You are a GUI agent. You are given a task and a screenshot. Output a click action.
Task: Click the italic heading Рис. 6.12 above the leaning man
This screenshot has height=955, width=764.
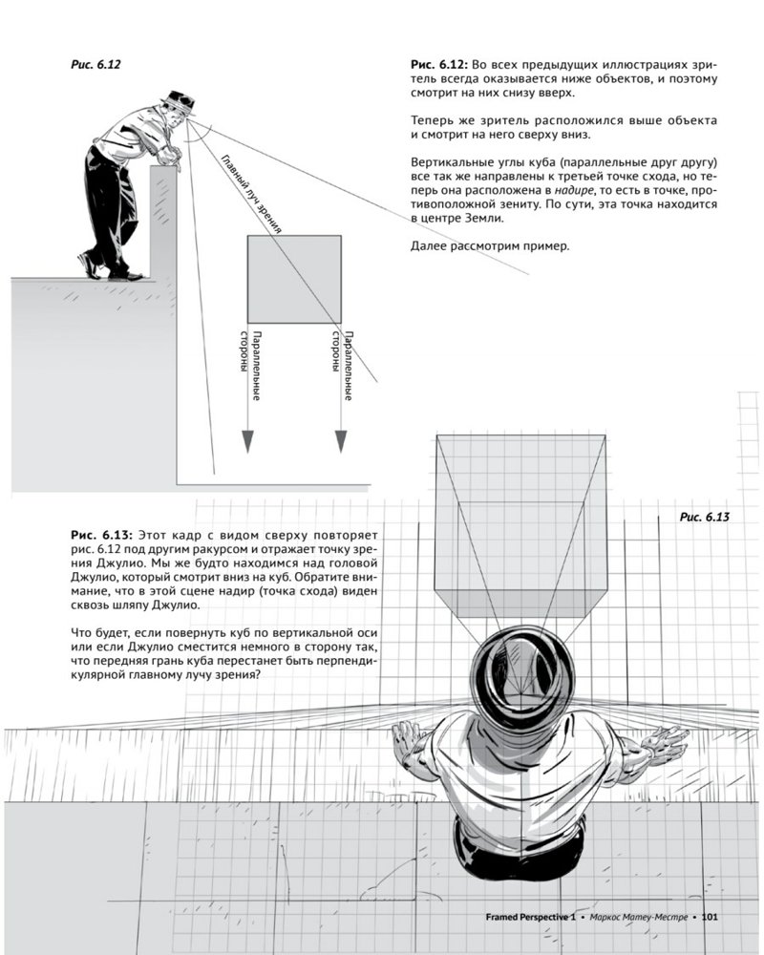point(95,64)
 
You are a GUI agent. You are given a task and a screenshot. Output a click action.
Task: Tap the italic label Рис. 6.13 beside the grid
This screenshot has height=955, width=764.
point(704,517)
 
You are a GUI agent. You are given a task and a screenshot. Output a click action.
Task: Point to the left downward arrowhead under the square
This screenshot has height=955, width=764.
point(247,441)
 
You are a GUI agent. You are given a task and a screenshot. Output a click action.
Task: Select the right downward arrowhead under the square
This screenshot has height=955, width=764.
point(341,441)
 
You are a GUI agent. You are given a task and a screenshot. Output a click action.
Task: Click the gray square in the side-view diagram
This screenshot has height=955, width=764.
point(294,279)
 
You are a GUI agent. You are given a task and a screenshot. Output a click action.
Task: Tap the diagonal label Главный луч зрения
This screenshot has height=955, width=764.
point(250,194)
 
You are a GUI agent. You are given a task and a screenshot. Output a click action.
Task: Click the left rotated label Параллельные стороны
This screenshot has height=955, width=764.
point(250,366)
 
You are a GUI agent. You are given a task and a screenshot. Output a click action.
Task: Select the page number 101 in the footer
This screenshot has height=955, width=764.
point(710,917)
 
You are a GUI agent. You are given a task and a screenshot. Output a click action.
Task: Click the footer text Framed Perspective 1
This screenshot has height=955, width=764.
point(530,917)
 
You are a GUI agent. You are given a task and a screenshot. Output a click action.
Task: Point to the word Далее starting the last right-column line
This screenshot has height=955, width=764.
point(428,247)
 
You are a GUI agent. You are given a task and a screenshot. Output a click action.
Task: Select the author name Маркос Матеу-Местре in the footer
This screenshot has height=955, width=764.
point(639,917)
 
